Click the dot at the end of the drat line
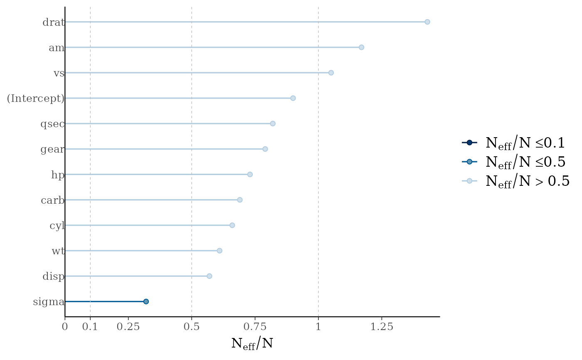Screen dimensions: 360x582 pyautogui.click(x=427, y=22)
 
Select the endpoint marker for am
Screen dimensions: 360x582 pyautogui.click(x=361, y=47)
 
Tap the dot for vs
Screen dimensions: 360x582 pyautogui.click(x=331, y=73)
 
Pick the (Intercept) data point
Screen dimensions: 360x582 pyautogui.click(x=293, y=98)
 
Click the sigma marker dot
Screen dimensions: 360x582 pyautogui.click(x=146, y=301)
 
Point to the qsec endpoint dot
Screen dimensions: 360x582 pyautogui.click(x=272, y=123)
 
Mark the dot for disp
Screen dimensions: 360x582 pyautogui.click(x=209, y=276)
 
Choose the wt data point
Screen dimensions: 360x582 pyautogui.click(x=219, y=251)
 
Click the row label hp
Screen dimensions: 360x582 pyautogui.click(x=58, y=175)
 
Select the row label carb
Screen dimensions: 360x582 pyautogui.click(x=53, y=200)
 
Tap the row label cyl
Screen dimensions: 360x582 pyautogui.click(x=57, y=226)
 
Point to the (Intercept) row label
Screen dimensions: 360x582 pyautogui.click(x=36, y=99)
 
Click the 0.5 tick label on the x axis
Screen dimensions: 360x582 pyautogui.click(x=191, y=327)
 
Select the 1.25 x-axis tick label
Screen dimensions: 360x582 pyautogui.click(x=382, y=327)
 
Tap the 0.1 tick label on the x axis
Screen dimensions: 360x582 pyautogui.click(x=90, y=327)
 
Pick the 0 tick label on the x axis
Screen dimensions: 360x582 pyautogui.click(x=65, y=327)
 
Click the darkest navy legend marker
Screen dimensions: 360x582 pyautogui.click(x=469, y=143)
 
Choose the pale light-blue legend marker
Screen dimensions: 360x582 pyautogui.click(x=469, y=181)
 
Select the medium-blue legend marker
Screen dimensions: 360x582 pyautogui.click(x=469, y=162)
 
